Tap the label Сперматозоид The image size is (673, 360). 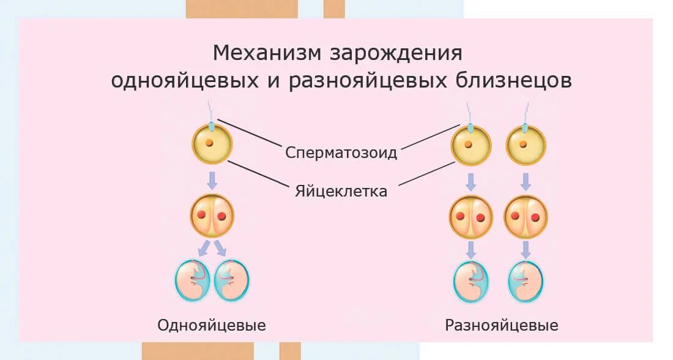tap(341, 152)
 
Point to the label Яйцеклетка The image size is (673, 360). tap(341, 191)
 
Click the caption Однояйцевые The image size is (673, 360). tap(212, 324)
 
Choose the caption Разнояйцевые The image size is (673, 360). tap(502, 324)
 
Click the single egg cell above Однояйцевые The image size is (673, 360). tap(212, 145)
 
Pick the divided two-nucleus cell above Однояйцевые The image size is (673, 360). tap(212, 216)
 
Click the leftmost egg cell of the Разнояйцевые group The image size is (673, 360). tap(470, 146)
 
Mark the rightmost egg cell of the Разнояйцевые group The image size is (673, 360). tap(526, 146)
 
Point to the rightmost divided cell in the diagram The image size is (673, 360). tap(526, 217)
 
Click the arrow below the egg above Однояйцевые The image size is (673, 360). tap(212, 180)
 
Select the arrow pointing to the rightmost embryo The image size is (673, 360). tap(526, 249)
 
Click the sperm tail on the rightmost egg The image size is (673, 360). tap(526, 113)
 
